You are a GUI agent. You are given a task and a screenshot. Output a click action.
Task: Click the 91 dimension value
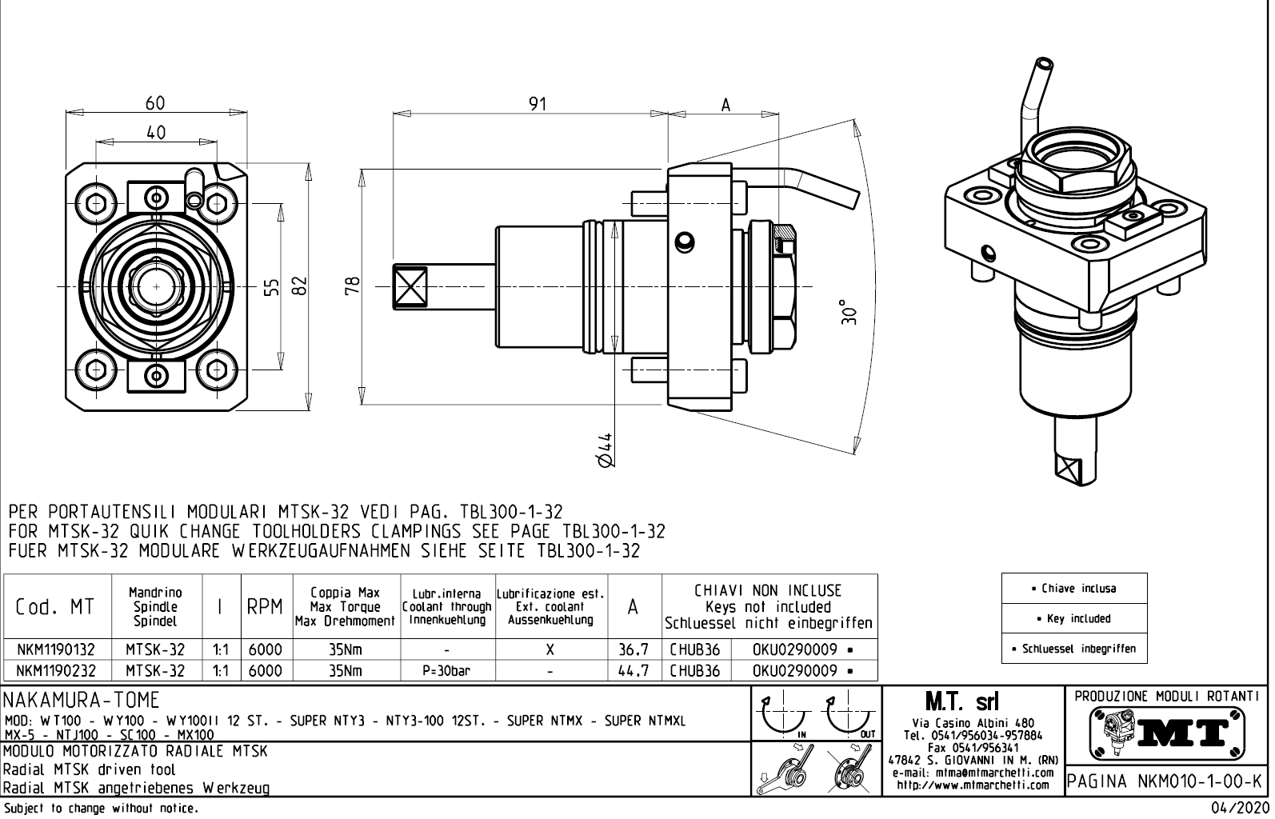538,104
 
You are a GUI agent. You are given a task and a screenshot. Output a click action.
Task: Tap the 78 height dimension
353,286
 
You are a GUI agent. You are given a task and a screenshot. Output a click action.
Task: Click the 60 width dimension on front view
155,103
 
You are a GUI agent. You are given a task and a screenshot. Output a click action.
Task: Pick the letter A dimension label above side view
725,106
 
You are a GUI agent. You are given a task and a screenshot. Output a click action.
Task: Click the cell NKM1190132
56,650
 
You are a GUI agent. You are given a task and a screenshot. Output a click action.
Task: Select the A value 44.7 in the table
633,671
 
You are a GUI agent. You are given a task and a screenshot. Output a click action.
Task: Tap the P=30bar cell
446,671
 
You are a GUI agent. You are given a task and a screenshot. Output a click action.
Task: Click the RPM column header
265,607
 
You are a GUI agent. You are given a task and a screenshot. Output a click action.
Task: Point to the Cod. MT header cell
55,607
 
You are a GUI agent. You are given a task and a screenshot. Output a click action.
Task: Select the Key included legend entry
1074,618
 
